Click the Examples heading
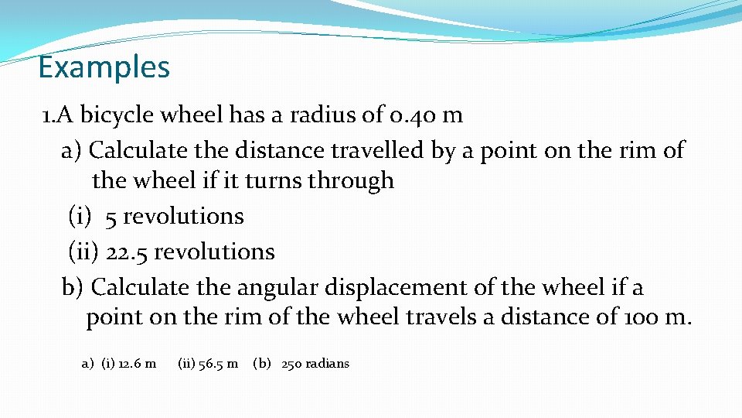tap(104, 68)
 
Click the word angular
tap(274, 288)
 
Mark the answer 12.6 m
tap(137, 363)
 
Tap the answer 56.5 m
tap(218, 363)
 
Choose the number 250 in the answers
tap(291, 363)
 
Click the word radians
tap(327, 363)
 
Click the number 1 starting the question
tap(46, 115)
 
